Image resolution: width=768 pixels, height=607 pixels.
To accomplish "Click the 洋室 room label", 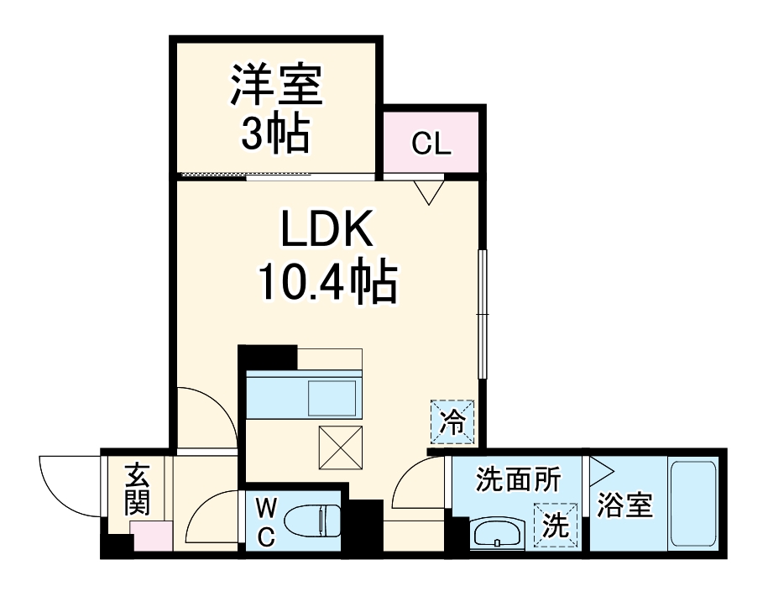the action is [x=276, y=86].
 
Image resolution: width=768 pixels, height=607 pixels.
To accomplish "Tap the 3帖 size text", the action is [x=276, y=133].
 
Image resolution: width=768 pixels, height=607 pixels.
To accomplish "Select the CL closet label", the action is [x=432, y=144].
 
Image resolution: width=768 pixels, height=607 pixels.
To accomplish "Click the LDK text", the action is [x=327, y=229].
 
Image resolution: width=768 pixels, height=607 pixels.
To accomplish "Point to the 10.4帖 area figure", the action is [x=327, y=283].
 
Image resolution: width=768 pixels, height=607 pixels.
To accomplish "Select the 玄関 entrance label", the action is [x=137, y=490].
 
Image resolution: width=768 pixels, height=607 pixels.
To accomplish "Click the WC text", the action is [x=265, y=522].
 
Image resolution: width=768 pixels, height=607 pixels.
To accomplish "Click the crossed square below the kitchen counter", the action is [x=340, y=447].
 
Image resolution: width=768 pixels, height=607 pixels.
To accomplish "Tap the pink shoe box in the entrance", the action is [x=152, y=536].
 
